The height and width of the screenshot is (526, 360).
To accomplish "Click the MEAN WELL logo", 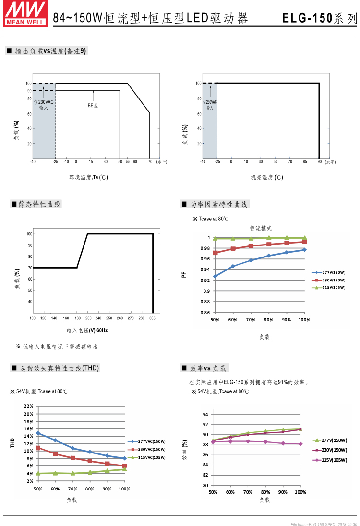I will [x=25, y=13].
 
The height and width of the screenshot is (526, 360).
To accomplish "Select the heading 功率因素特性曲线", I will [x=218, y=204].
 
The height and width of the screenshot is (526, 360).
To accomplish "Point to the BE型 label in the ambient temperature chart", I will [x=93, y=105].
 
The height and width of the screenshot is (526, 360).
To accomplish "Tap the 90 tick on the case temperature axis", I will [x=319, y=162].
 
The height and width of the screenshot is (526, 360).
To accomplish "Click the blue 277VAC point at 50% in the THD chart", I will [x=38, y=433].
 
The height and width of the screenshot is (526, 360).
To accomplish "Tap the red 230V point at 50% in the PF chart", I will [x=216, y=253].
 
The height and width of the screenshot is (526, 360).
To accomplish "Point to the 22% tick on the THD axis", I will [x=28, y=406].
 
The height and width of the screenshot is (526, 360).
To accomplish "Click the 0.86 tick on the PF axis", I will [x=205, y=312].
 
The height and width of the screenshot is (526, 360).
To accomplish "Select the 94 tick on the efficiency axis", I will [x=205, y=414].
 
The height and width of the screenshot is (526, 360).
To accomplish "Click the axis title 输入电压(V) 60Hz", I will [x=87, y=330].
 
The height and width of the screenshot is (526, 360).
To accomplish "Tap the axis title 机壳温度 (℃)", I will [x=267, y=177].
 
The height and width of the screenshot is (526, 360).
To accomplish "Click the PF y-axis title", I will [x=183, y=275].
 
